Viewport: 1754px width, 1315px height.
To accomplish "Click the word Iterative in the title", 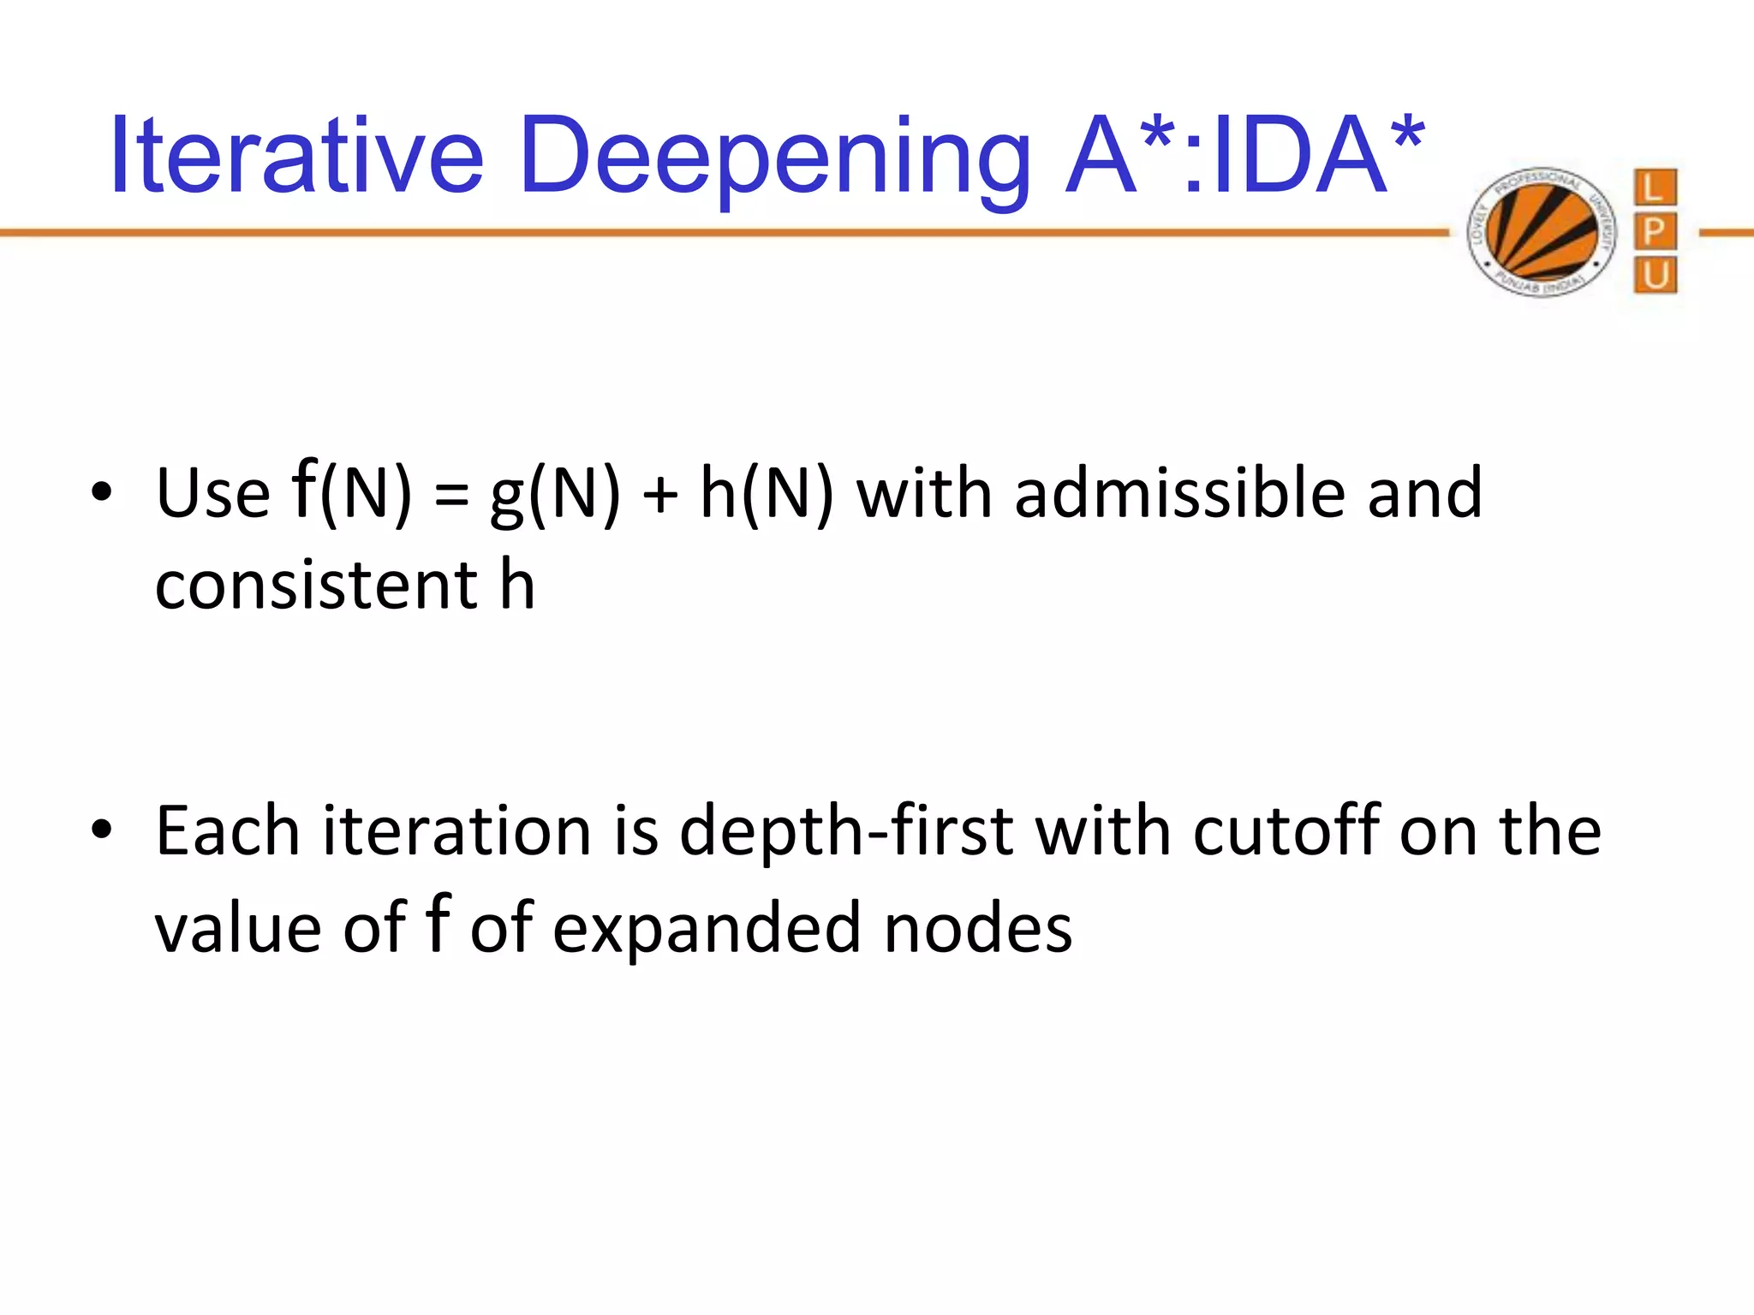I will point(296,158).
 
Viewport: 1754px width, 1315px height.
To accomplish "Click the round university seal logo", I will point(1541,232).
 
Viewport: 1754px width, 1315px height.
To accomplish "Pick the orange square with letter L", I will point(1655,187).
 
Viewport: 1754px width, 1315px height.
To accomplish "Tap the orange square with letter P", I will point(1655,231).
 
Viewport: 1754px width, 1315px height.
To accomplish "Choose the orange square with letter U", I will point(1655,276).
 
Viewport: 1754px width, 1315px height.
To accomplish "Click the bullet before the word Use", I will point(102,493).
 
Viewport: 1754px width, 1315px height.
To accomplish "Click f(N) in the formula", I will point(351,492).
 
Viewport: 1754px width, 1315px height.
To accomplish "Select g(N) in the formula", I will point(555,495).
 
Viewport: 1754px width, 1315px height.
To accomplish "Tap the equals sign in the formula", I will point(451,497).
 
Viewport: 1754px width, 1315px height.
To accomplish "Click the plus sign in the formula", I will point(659,497).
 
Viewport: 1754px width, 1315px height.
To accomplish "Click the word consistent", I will point(316,586).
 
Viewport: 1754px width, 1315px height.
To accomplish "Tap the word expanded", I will point(707,928).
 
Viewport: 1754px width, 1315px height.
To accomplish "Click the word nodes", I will point(977,928).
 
